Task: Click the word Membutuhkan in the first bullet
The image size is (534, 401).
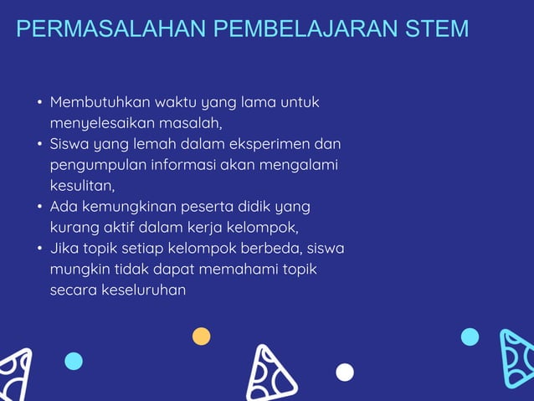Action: [100, 103]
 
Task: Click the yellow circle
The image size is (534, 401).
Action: [202, 337]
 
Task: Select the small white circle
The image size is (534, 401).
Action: [345, 372]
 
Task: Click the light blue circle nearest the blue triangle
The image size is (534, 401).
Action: [470, 337]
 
